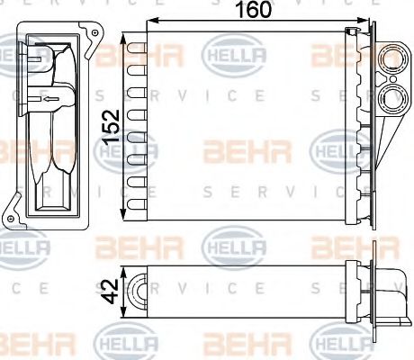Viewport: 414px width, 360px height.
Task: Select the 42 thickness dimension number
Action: tap(110, 290)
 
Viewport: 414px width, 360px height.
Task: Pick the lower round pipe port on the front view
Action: tap(393, 95)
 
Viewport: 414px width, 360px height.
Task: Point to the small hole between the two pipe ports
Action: tap(394, 79)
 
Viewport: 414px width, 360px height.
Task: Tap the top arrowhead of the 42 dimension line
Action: tap(124, 269)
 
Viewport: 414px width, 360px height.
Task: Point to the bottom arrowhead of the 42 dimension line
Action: tap(124, 309)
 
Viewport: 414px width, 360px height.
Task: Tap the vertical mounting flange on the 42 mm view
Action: tap(358, 288)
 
